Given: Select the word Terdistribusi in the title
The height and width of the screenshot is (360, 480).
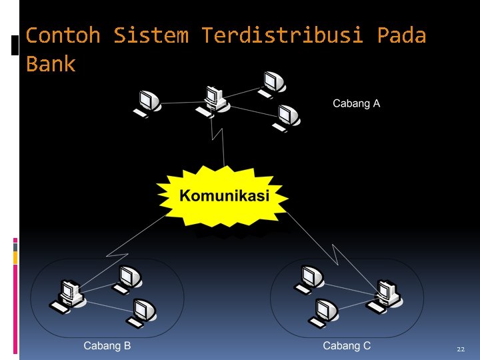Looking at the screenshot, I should [282, 35].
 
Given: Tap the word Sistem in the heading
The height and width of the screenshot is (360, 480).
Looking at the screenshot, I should [151, 35].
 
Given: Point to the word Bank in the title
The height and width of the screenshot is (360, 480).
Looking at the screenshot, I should [51, 65].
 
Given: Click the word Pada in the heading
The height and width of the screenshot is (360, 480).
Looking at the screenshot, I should [401, 35].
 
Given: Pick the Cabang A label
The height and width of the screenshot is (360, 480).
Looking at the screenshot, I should [356, 103].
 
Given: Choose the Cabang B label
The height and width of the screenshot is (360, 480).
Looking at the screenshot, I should [107, 345].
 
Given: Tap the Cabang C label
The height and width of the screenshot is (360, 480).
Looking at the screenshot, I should [347, 345].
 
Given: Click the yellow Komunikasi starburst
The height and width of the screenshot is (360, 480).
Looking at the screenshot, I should [224, 196].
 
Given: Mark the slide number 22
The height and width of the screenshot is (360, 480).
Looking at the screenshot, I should [461, 349].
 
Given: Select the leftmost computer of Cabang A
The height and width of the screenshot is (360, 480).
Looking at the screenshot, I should [148, 103].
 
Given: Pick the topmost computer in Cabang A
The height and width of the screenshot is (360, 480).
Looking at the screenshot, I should [272, 83].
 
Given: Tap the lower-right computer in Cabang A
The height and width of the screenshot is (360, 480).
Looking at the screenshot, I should [288, 117].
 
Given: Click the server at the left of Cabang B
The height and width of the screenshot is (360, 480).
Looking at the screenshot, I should [68, 294].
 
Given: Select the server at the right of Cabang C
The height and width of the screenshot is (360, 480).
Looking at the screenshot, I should [385, 294].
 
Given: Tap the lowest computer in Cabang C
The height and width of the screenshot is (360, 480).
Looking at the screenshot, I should [326, 311].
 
